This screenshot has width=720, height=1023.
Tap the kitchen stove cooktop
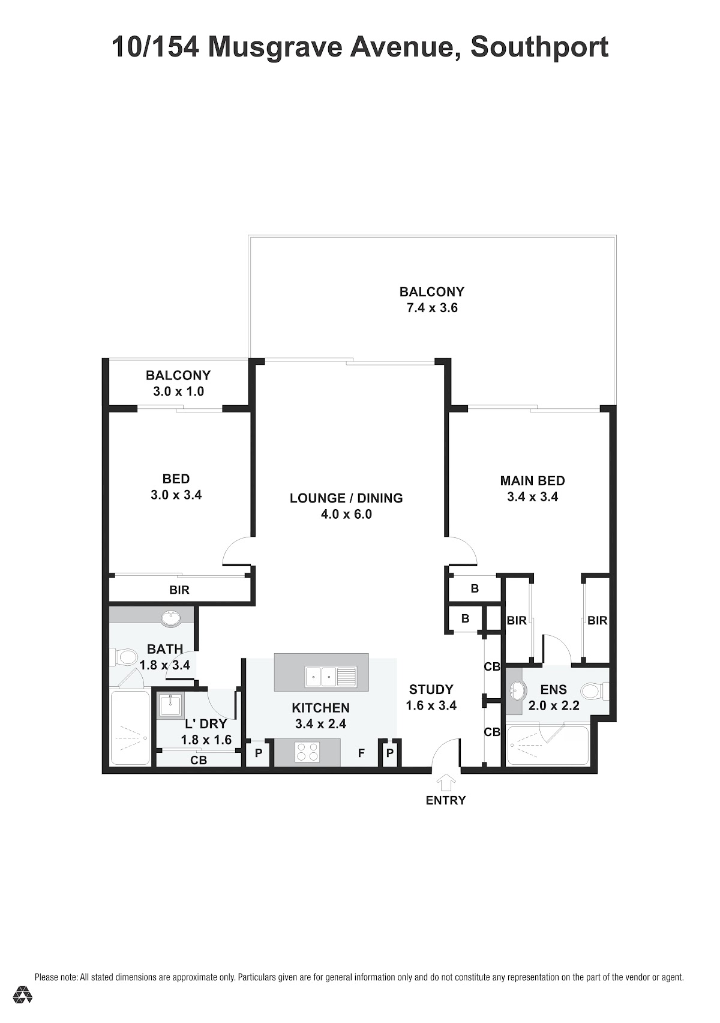pyautogui.click(x=307, y=752)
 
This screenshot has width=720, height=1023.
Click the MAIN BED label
pyautogui.click(x=532, y=480)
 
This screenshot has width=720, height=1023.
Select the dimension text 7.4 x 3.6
pyautogui.click(x=432, y=308)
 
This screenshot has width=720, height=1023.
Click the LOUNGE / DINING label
pyautogui.click(x=346, y=498)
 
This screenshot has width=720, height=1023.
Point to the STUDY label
pyautogui.click(x=431, y=689)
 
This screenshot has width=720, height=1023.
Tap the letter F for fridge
pyautogui.click(x=361, y=753)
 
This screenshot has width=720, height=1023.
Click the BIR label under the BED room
pyautogui.click(x=179, y=590)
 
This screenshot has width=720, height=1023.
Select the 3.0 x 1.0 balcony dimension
pyautogui.click(x=178, y=391)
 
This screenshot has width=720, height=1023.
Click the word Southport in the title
pyautogui.click(x=539, y=47)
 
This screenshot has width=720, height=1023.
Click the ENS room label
pyautogui.click(x=553, y=689)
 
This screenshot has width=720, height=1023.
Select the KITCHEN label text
pyautogui.click(x=320, y=708)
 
